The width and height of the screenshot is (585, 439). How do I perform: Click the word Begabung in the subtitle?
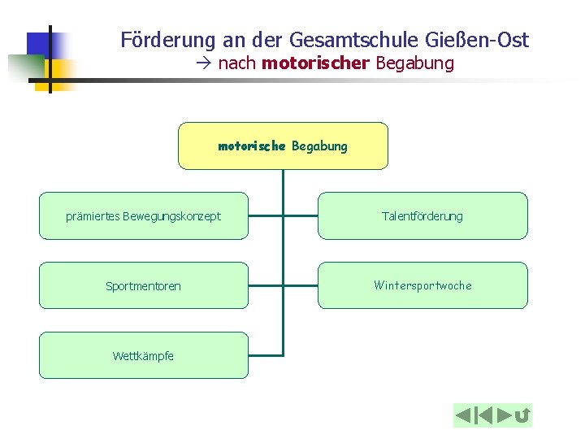pos(414,63)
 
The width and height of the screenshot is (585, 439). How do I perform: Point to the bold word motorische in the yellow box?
pos(252,146)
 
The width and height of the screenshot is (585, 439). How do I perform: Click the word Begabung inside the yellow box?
pos(319,146)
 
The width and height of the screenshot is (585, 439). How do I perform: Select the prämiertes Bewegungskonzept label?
pos(143,216)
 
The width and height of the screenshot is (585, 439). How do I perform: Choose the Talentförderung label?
pos(422,216)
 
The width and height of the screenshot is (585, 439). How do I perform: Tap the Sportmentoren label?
pos(143,286)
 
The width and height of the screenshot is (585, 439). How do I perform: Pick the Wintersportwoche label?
pos(422,285)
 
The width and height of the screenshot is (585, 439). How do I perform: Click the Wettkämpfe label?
pos(143,356)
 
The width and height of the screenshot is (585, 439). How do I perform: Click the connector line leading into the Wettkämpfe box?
pos(266,355)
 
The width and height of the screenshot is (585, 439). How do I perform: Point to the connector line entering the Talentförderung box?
pos(300,216)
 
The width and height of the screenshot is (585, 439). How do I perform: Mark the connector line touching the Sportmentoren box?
pos(266,286)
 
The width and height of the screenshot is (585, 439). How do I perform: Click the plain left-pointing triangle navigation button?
pos(463,416)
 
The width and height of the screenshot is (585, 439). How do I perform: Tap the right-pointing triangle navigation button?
pos(504,416)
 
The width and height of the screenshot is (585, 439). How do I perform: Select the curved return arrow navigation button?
pos(522,416)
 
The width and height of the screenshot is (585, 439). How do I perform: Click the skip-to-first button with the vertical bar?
pos(483,416)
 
